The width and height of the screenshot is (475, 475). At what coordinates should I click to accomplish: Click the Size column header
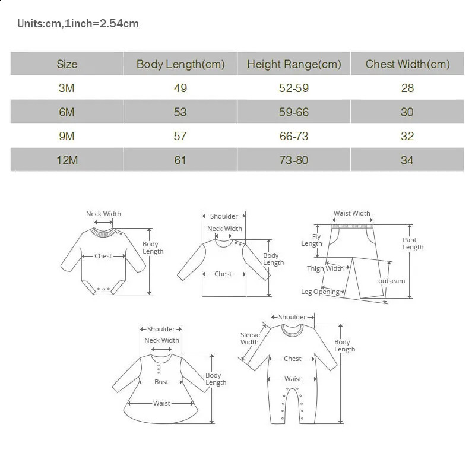click(x=67, y=64)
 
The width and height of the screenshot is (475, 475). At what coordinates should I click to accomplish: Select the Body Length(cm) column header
click(x=180, y=64)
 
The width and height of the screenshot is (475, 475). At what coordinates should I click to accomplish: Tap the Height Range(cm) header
click(x=294, y=64)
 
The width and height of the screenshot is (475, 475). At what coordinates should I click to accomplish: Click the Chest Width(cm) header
click(x=407, y=64)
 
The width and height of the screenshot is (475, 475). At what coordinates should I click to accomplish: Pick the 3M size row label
click(x=67, y=88)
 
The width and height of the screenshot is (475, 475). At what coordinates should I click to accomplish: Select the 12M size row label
click(x=67, y=160)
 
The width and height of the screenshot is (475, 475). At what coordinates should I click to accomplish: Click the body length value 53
click(x=180, y=112)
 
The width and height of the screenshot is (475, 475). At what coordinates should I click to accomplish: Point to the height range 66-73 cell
click(x=294, y=136)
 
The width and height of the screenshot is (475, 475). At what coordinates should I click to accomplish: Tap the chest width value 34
click(x=407, y=160)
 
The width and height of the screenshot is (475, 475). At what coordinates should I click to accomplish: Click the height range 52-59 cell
click(x=294, y=88)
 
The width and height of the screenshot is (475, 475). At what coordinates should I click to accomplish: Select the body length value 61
click(x=180, y=160)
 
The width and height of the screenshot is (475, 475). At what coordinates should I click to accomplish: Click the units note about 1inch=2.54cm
click(x=78, y=24)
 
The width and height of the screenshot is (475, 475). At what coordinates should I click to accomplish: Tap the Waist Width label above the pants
click(x=351, y=213)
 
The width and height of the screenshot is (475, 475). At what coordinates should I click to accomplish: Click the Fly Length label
click(x=312, y=240)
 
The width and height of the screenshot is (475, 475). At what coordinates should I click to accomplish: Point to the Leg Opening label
click(x=320, y=292)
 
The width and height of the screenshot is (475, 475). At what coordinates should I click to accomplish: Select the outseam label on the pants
click(x=391, y=281)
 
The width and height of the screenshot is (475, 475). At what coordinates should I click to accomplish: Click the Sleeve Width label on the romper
click(x=249, y=338)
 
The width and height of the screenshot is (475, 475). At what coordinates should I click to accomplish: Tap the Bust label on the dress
click(x=161, y=382)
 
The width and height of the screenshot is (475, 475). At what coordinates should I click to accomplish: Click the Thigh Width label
click(x=325, y=268)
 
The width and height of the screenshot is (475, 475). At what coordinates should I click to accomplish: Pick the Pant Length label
click(x=413, y=243)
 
